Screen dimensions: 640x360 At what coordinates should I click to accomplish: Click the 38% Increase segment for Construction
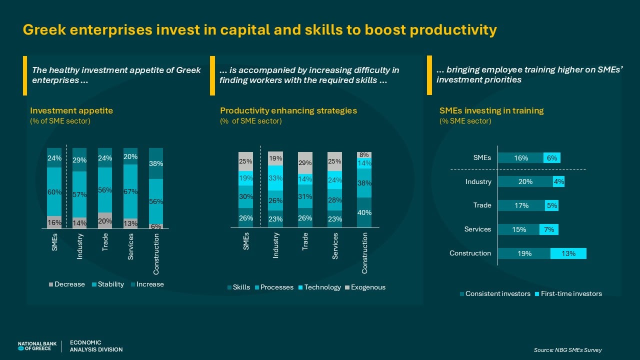click(156, 163)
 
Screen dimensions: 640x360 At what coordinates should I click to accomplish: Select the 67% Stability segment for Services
click(130, 191)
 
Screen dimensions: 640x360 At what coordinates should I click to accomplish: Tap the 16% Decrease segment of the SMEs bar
click(54, 222)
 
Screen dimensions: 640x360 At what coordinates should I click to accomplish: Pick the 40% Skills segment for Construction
click(364, 212)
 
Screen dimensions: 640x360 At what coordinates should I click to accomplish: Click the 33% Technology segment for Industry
click(275, 178)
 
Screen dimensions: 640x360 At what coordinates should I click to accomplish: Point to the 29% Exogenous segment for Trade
click(305, 163)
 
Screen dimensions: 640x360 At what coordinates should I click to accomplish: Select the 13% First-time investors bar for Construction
click(568, 253)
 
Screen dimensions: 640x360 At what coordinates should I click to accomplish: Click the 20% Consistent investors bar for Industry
click(525, 181)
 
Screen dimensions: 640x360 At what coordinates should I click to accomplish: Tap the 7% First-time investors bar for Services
click(549, 229)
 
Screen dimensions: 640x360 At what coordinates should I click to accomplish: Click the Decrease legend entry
click(67, 284)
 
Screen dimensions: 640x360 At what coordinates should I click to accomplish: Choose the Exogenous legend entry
click(365, 287)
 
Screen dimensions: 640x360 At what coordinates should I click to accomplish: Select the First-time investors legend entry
click(568, 293)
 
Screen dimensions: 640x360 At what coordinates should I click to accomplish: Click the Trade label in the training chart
click(482, 205)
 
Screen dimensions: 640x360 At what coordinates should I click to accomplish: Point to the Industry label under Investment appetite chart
click(79, 246)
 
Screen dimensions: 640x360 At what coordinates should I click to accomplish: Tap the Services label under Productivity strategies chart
click(335, 246)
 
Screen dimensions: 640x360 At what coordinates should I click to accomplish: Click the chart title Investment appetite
click(71, 110)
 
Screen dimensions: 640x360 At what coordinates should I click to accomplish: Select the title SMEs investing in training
click(491, 110)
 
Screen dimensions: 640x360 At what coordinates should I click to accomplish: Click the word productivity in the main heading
click(453, 30)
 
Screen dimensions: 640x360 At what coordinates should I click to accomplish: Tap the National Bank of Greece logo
click(37, 346)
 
